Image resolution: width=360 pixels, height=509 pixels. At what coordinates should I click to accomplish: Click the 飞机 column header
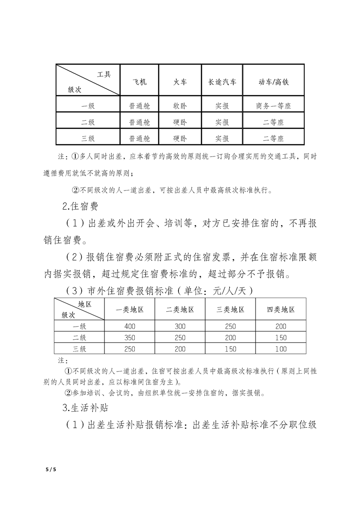(139, 83)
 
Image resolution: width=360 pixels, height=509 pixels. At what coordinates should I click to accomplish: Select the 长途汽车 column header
(222, 83)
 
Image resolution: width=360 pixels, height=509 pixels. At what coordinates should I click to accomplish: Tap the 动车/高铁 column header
(273, 83)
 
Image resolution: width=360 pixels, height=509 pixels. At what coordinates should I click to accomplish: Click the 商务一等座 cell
(273, 106)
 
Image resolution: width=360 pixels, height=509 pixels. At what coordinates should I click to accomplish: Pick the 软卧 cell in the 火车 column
(180, 106)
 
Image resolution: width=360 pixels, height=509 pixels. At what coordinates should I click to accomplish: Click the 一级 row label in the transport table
(88, 106)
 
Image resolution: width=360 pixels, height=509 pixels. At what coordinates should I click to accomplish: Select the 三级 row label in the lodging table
(79, 349)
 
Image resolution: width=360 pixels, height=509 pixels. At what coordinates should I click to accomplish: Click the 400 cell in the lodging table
(130, 326)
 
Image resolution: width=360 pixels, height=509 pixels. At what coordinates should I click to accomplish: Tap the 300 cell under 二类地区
(180, 326)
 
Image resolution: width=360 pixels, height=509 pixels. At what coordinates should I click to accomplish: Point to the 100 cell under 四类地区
(281, 349)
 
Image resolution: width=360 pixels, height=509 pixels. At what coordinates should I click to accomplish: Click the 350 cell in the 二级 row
(130, 338)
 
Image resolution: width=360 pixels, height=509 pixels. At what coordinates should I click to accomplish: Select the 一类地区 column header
(130, 309)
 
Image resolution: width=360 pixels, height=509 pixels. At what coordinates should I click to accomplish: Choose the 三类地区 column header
(230, 309)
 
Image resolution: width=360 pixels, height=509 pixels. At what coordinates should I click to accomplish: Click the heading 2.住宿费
(80, 207)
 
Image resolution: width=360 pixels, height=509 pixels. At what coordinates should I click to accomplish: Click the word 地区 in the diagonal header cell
(85, 304)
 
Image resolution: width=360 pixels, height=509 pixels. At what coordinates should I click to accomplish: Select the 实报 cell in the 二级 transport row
(222, 122)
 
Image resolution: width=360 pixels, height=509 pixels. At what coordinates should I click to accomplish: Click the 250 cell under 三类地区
(230, 326)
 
